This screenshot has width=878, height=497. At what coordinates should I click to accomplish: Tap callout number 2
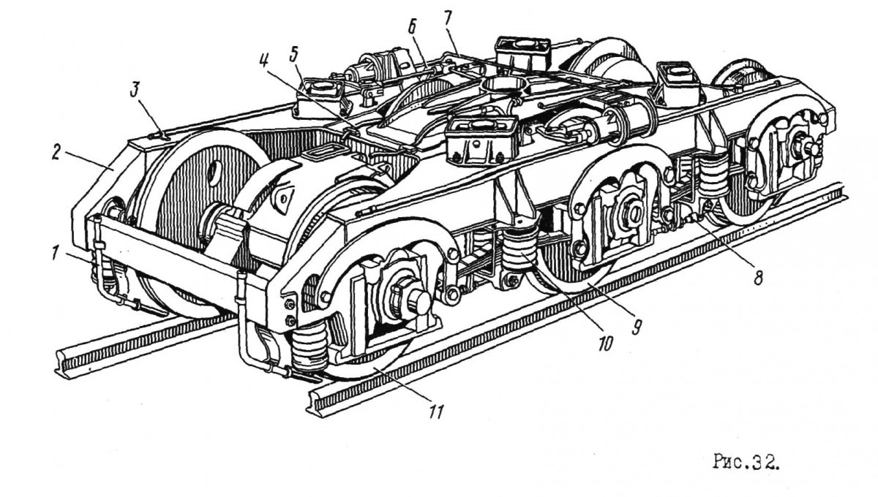(x=56, y=154)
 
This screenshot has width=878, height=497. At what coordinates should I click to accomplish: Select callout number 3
(x=134, y=91)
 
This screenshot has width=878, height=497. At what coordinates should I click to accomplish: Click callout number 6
(x=412, y=28)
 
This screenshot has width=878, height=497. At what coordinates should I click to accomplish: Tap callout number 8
(x=758, y=278)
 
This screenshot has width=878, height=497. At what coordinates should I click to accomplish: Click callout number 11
(x=436, y=411)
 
